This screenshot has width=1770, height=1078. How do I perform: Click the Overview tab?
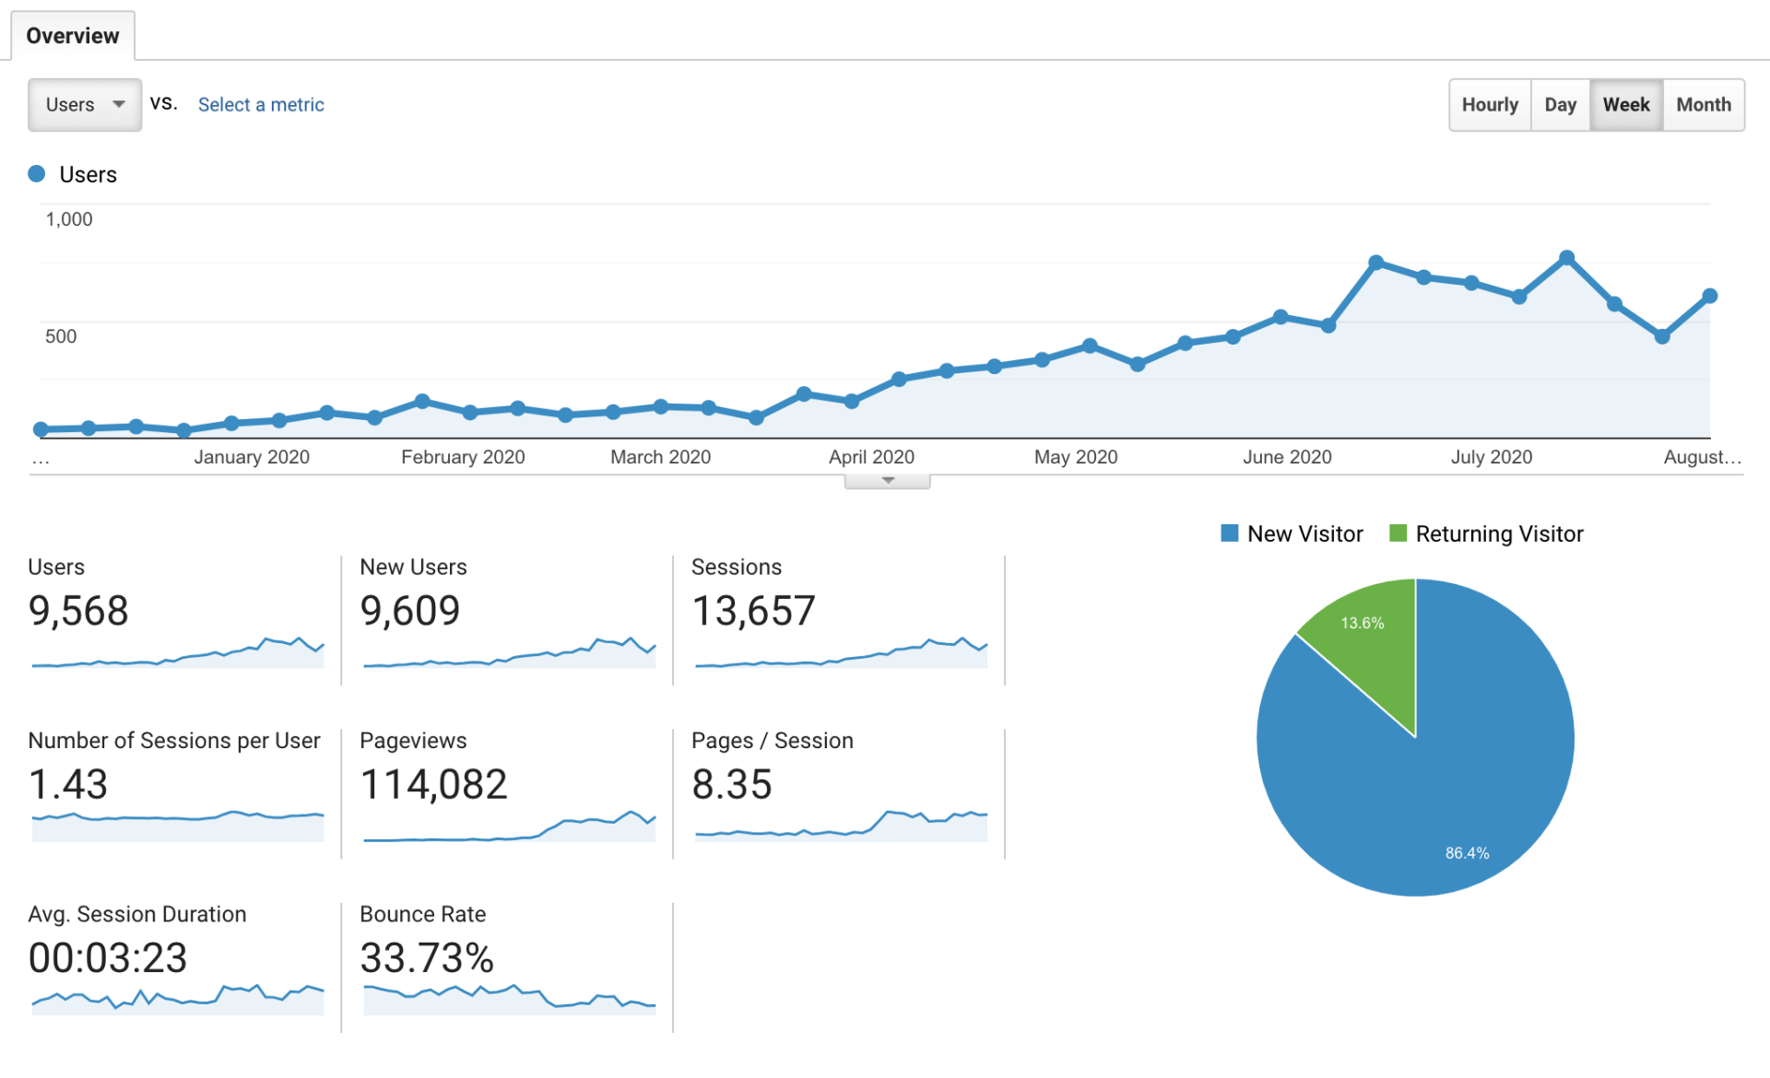pos(72,36)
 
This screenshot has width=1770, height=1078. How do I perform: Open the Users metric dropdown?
pos(84,105)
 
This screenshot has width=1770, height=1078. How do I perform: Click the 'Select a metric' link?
pos(261,105)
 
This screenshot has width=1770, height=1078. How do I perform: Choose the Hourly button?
pos(1489,105)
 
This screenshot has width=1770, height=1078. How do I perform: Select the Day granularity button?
pos(1560,105)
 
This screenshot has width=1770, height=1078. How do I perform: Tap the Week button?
pos(1625,105)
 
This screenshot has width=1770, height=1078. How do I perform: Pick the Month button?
pos(1703,105)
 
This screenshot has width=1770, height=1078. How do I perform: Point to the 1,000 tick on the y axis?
pos(69,219)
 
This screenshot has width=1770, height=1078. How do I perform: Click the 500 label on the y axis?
pos(61,336)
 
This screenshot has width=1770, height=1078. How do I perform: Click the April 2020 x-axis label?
pos(871,457)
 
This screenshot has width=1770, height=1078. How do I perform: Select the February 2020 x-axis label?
pos(463,457)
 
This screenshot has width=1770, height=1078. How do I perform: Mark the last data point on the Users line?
pos(1710,296)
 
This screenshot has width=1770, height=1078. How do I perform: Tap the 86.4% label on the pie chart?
pos(1467,853)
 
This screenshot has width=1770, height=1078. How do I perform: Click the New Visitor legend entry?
pos(1292,534)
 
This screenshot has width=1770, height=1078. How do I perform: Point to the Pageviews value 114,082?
pos(433,785)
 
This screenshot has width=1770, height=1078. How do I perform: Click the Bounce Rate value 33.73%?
pos(427,958)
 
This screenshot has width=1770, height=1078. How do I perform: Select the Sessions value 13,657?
pos(753,611)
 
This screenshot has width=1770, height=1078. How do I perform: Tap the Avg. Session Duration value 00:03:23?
pos(108,958)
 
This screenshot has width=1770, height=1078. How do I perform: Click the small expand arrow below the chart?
pos(888,481)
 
